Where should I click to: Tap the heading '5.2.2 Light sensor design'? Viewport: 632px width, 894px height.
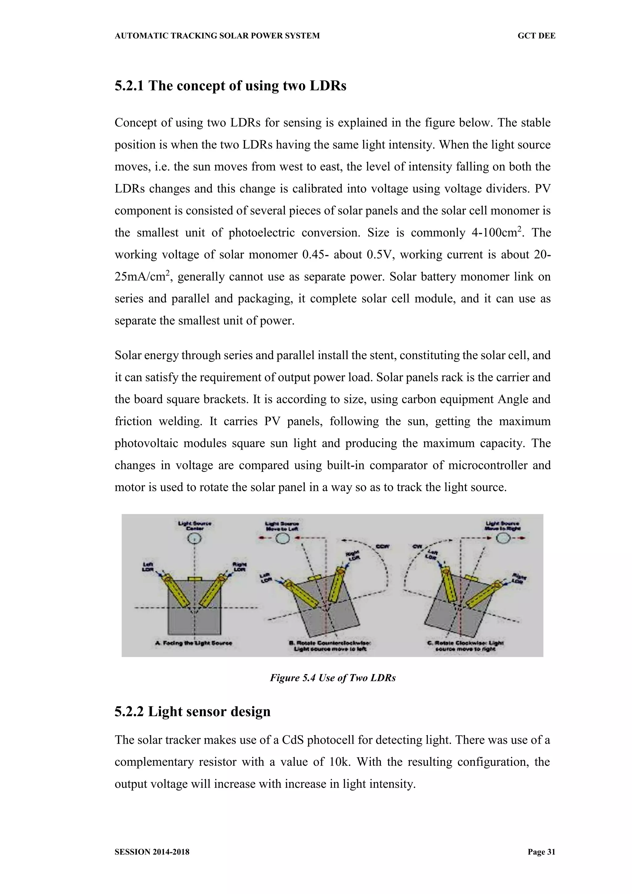coord(192,711)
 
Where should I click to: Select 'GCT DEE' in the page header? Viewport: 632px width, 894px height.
coord(536,36)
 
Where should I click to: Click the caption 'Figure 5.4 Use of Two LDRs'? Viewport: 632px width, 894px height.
coord(333,678)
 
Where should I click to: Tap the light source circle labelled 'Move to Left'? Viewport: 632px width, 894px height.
coord(283,539)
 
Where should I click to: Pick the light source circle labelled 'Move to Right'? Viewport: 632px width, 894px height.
coord(503,539)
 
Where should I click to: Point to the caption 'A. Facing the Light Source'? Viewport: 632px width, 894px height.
coord(193,643)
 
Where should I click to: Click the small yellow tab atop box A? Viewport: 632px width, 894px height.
coord(195,579)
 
